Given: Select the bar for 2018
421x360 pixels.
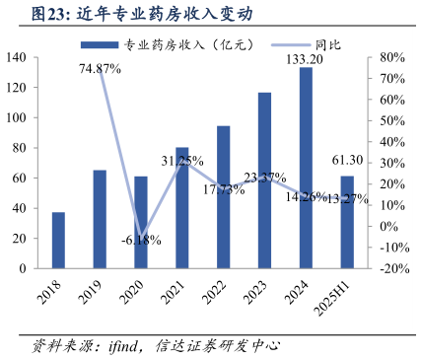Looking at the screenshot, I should [x=58, y=240].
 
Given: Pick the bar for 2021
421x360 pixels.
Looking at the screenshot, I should [x=181, y=207].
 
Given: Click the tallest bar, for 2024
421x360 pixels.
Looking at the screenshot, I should [x=306, y=168].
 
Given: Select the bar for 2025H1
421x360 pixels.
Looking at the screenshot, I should [x=347, y=222].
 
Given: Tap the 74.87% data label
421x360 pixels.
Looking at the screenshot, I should [x=101, y=69].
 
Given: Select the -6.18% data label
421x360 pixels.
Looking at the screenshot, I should [x=140, y=240].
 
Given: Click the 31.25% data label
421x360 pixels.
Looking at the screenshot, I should [x=182, y=161].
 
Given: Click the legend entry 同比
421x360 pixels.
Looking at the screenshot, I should [x=299, y=45].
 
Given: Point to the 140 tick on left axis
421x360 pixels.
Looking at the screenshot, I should [x=16, y=58].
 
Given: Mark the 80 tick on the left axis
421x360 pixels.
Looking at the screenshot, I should [x=19, y=148].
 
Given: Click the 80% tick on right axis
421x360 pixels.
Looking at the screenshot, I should [x=391, y=58].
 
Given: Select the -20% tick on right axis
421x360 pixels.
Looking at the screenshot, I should [x=390, y=268].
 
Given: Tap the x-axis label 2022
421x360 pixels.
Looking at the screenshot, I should [x=221, y=288].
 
